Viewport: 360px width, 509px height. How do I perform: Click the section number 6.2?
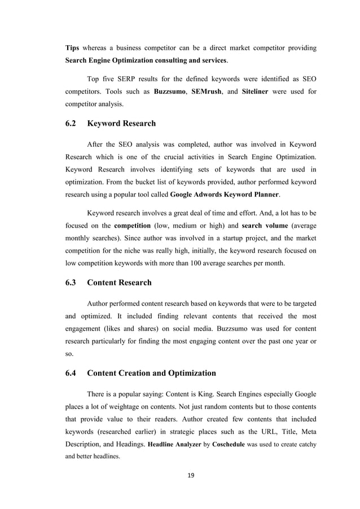click(72, 123)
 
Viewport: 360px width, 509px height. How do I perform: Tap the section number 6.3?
click(72, 282)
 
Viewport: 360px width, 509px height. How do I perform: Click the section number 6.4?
click(72, 373)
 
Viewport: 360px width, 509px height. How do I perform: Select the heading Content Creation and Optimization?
click(151, 373)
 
